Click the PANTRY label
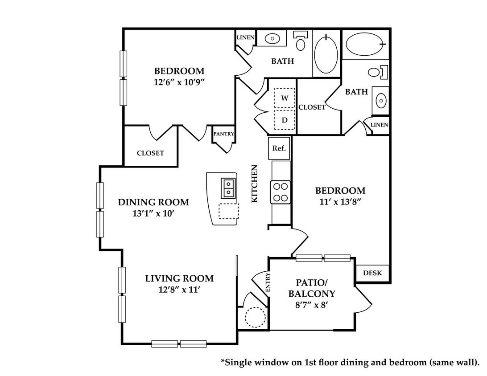[223, 134]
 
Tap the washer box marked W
[285, 98]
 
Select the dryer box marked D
[285, 120]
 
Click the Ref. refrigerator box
[279, 148]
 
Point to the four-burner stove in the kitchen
[281, 192]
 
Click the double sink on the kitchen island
[229, 188]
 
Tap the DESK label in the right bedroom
[372, 273]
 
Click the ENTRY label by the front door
[268, 282]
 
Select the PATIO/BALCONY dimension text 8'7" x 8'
[312, 305]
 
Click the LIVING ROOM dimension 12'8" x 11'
[179, 290]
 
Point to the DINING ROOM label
[153, 202]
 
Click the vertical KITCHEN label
[255, 184]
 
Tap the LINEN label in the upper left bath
[246, 37]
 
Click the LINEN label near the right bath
[380, 125]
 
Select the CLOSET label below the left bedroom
[150, 153]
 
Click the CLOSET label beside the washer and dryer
[312, 107]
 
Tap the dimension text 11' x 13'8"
[340, 202]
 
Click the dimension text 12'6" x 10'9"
[179, 82]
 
